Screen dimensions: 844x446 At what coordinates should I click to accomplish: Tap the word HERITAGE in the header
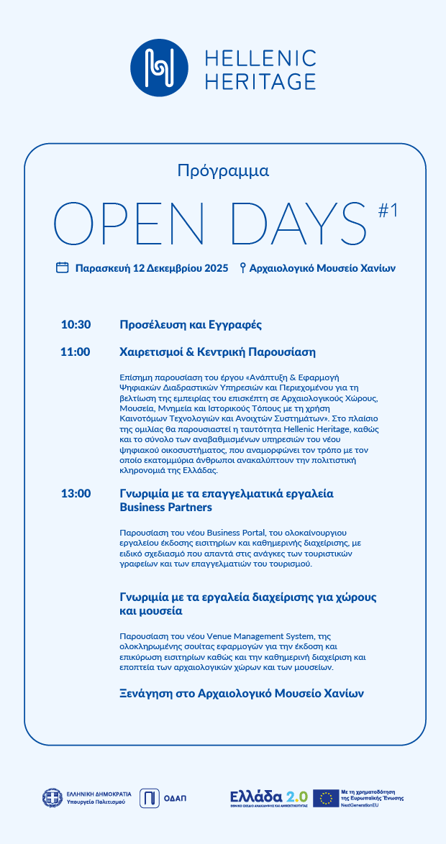[x=260, y=81]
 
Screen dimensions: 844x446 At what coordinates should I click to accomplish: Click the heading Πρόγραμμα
[x=223, y=171]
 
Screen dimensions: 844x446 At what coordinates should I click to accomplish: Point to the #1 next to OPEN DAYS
[x=388, y=209]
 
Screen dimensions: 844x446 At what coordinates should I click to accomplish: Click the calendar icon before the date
[x=63, y=267]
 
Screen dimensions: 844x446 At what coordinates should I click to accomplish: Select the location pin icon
[x=243, y=268]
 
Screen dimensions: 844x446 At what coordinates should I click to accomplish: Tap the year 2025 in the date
[x=217, y=268]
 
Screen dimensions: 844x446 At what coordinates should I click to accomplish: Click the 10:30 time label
[x=76, y=325]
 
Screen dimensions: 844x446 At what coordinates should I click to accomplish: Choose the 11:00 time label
[x=76, y=352]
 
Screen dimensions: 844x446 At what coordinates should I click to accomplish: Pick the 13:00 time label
[x=76, y=494]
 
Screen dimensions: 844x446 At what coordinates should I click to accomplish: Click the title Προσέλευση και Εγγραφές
[x=190, y=325]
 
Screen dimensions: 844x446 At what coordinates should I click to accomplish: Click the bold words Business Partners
[x=165, y=508]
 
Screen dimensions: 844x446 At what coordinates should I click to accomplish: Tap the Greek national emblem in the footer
[x=52, y=797]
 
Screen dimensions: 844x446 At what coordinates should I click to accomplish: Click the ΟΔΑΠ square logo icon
[x=149, y=797]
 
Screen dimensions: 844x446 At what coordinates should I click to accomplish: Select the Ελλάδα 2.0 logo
[x=268, y=798]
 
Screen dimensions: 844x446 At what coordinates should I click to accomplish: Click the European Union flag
[x=326, y=797]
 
